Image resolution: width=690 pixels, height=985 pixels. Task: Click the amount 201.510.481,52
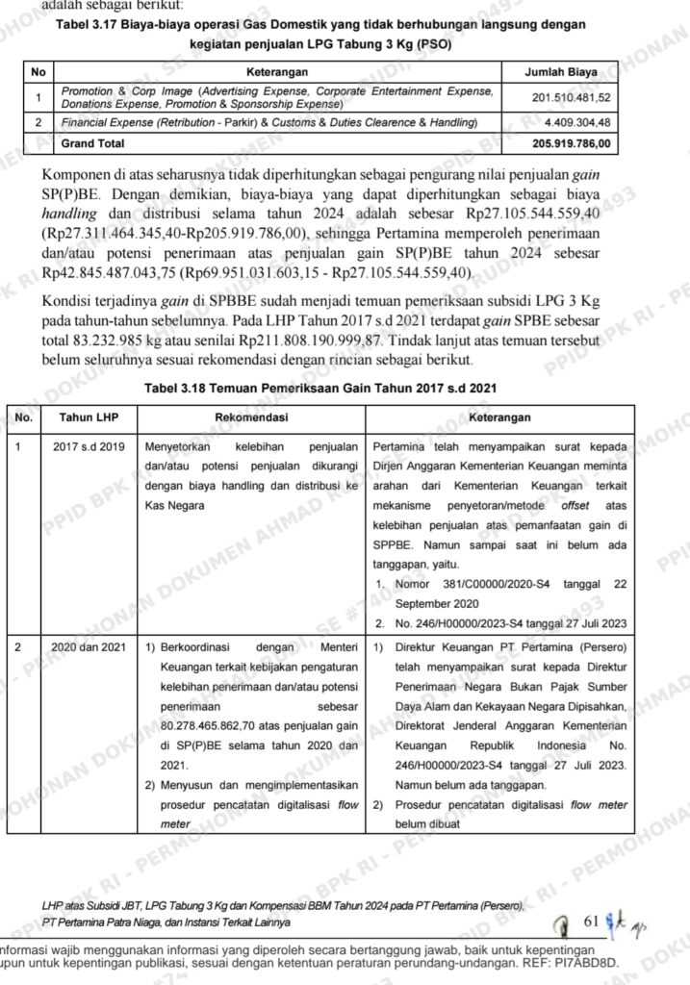[570, 97]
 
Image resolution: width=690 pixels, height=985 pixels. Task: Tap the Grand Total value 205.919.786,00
[570, 143]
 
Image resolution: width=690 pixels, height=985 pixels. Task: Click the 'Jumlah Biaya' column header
[560, 72]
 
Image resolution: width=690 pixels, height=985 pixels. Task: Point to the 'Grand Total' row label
[92, 143]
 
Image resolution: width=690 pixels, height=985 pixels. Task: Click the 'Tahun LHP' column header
[89, 417]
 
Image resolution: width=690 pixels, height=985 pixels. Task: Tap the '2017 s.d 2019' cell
[89, 447]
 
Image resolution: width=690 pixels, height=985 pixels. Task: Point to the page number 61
[592, 922]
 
